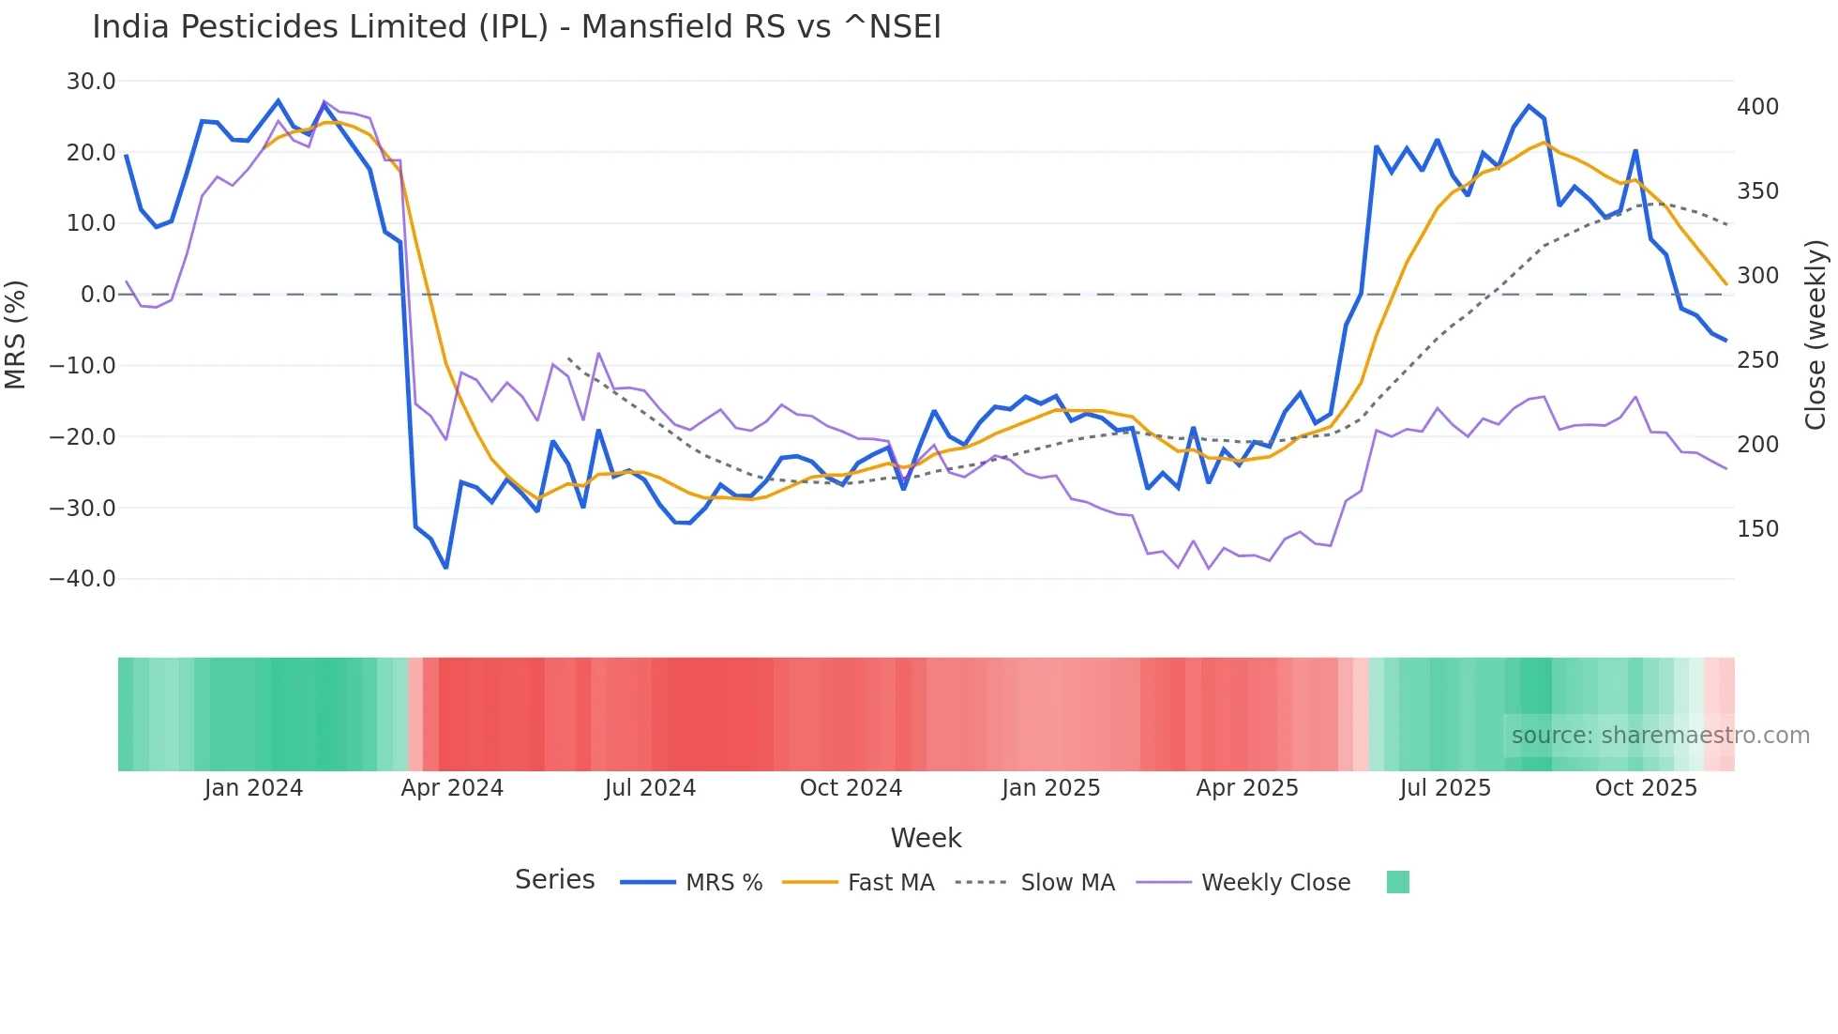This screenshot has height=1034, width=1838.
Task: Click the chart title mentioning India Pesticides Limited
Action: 516,27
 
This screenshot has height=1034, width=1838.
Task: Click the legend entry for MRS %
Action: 723,883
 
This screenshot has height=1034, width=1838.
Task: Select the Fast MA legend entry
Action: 890,883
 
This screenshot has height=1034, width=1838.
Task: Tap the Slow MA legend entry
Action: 1067,883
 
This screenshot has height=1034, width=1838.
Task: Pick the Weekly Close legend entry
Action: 1275,883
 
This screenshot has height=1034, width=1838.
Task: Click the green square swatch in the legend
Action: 1397,882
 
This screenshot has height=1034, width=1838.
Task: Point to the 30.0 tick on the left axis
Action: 91,82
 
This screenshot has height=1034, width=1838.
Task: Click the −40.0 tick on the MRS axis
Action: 83,579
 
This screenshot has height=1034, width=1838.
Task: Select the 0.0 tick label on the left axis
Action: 98,295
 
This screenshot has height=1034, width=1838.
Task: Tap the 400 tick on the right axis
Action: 1757,107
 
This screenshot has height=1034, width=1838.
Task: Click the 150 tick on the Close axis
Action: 1757,529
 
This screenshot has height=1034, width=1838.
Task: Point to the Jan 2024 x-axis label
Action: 253,788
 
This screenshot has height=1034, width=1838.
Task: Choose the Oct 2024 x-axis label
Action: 851,788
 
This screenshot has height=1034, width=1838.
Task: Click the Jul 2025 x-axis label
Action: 1445,788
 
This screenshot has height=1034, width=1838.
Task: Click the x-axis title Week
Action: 926,838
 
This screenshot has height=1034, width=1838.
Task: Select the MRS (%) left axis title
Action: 16,334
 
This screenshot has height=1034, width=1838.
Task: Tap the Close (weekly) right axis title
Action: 1815,335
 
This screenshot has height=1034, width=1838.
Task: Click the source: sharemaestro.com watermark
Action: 1660,736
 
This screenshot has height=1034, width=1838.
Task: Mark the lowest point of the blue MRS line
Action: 446,568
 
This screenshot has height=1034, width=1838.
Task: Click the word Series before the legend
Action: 554,880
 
